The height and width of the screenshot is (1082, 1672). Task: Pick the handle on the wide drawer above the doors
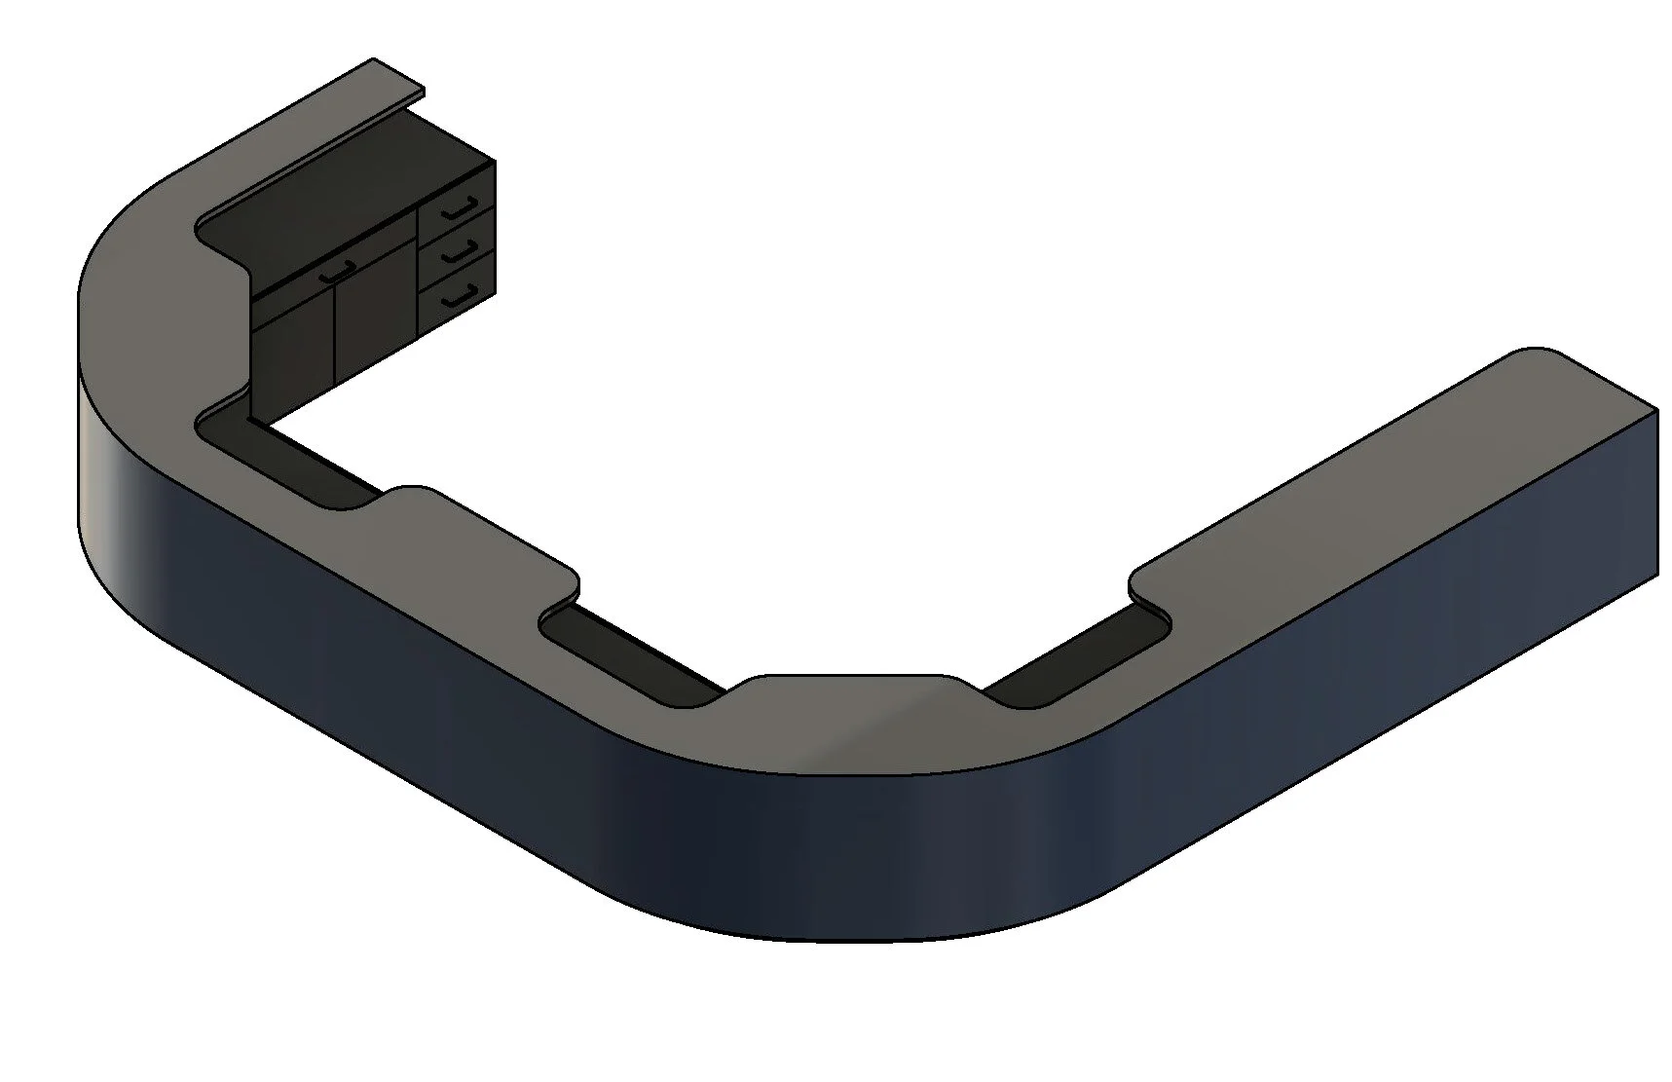(x=335, y=274)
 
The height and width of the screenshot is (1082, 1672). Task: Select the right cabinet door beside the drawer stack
(x=375, y=312)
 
